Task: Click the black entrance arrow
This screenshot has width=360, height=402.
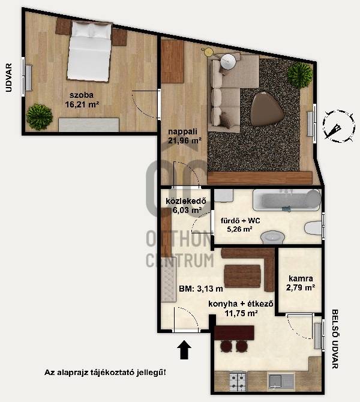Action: (x=184, y=350)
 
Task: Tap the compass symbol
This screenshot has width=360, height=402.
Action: (x=339, y=126)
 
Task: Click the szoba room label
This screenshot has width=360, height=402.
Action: (x=82, y=95)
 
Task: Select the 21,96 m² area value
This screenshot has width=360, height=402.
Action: (x=185, y=140)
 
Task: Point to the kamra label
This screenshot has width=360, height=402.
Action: (x=301, y=278)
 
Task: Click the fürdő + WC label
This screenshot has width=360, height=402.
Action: (x=241, y=220)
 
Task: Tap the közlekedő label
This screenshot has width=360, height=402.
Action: (x=186, y=201)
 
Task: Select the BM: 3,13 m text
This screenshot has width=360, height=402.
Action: (x=201, y=289)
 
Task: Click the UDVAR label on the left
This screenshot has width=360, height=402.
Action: (x=9, y=77)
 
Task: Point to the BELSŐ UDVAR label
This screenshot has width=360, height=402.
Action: (x=335, y=339)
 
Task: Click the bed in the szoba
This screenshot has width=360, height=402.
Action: (x=89, y=52)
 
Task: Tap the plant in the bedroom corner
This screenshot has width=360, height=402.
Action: (x=40, y=116)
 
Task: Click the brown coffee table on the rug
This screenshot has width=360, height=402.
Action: (x=267, y=109)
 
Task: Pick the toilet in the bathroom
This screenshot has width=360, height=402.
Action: (x=313, y=227)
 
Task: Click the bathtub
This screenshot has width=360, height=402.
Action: (x=287, y=200)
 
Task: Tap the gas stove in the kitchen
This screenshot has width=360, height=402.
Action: (x=238, y=381)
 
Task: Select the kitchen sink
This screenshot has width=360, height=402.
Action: (x=281, y=382)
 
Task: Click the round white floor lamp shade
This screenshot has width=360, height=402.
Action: (x=228, y=62)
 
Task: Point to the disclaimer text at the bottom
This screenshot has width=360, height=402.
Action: (x=105, y=372)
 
